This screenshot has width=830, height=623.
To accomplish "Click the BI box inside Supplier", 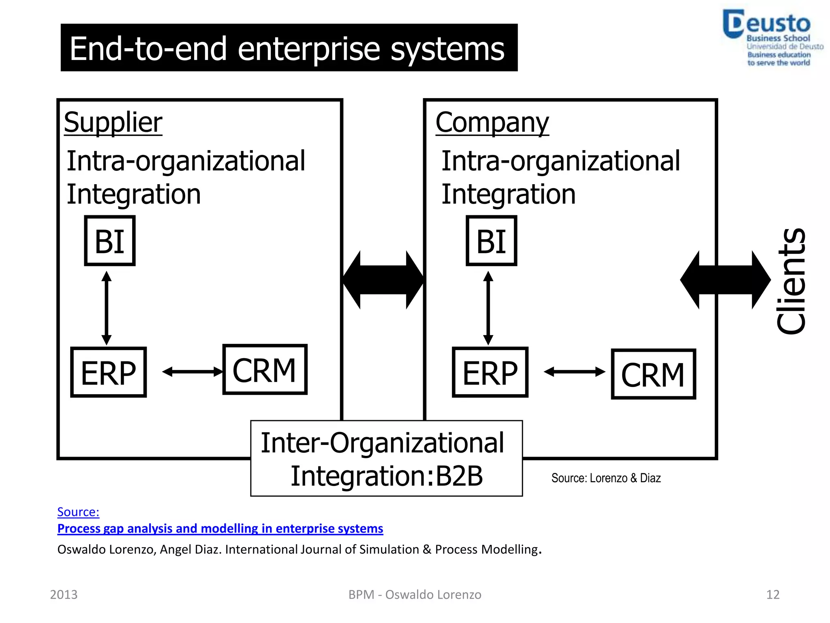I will [x=109, y=241].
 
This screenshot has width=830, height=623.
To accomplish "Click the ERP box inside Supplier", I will [x=108, y=372].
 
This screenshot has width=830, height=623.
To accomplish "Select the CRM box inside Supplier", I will [x=265, y=370].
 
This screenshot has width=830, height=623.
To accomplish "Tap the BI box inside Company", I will [x=491, y=241].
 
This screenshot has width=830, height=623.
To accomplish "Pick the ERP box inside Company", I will [x=490, y=372].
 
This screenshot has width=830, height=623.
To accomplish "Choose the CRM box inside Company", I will [x=653, y=374].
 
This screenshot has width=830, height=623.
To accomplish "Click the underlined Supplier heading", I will [x=113, y=122].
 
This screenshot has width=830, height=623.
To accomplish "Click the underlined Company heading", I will [x=492, y=122].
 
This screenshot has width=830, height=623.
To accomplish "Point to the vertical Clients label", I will [x=791, y=281].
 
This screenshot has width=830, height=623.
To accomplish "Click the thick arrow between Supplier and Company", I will [x=383, y=280].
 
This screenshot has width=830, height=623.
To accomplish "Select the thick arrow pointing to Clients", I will [x=725, y=280].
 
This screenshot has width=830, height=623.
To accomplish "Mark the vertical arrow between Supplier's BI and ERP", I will [x=107, y=308].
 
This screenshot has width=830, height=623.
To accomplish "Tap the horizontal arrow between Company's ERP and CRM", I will [x=574, y=372].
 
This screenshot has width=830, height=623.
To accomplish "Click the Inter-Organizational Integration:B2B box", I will [x=386, y=458].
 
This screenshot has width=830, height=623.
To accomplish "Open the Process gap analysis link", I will [x=220, y=528].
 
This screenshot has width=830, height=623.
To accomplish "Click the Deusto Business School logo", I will [x=772, y=38].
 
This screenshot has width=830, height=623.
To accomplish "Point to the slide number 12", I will [x=772, y=595].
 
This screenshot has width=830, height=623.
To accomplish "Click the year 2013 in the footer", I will [x=64, y=595].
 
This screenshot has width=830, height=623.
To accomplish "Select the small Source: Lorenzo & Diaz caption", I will [x=606, y=478].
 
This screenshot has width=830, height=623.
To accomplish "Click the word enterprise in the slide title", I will [x=308, y=49].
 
